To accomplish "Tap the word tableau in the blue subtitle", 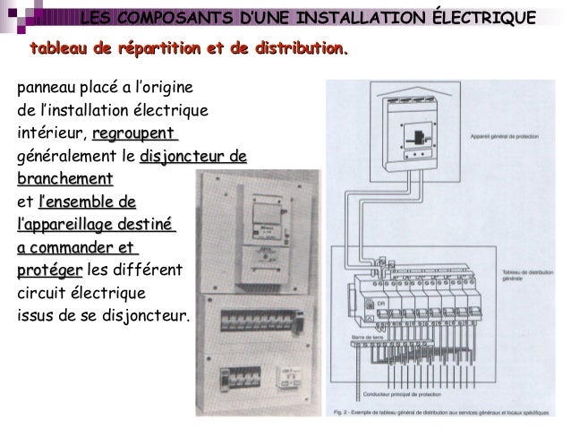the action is (x=60, y=47).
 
